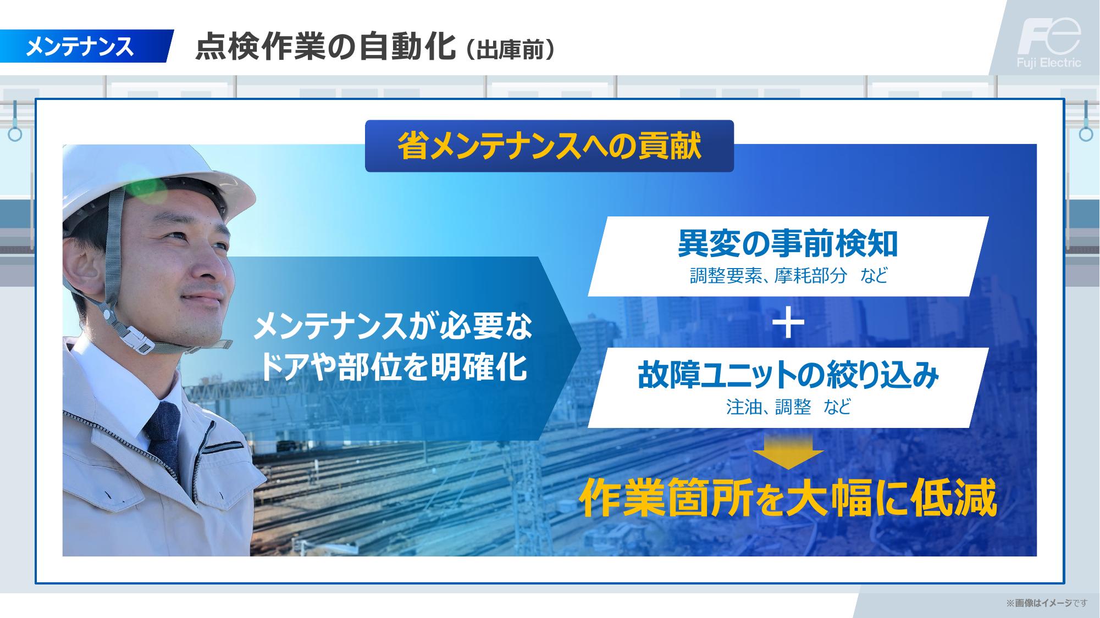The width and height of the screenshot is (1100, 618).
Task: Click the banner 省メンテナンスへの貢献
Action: tap(549, 146)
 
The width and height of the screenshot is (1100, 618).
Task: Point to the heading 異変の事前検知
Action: tap(788, 244)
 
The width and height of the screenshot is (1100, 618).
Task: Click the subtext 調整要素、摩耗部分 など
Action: tap(788, 275)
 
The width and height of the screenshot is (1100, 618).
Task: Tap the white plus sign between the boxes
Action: tap(788, 322)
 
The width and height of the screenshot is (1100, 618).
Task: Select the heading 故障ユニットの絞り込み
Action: tap(788, 376)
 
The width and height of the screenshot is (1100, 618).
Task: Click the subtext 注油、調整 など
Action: tap(788, 407)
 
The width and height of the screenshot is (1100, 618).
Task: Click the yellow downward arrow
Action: tap(788, 453)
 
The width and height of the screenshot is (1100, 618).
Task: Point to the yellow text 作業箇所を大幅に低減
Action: tap(788, 499)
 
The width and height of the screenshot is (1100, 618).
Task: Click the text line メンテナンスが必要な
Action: tap(393, 327)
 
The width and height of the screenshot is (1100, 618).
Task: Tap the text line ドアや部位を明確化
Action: tap(393, 368)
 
